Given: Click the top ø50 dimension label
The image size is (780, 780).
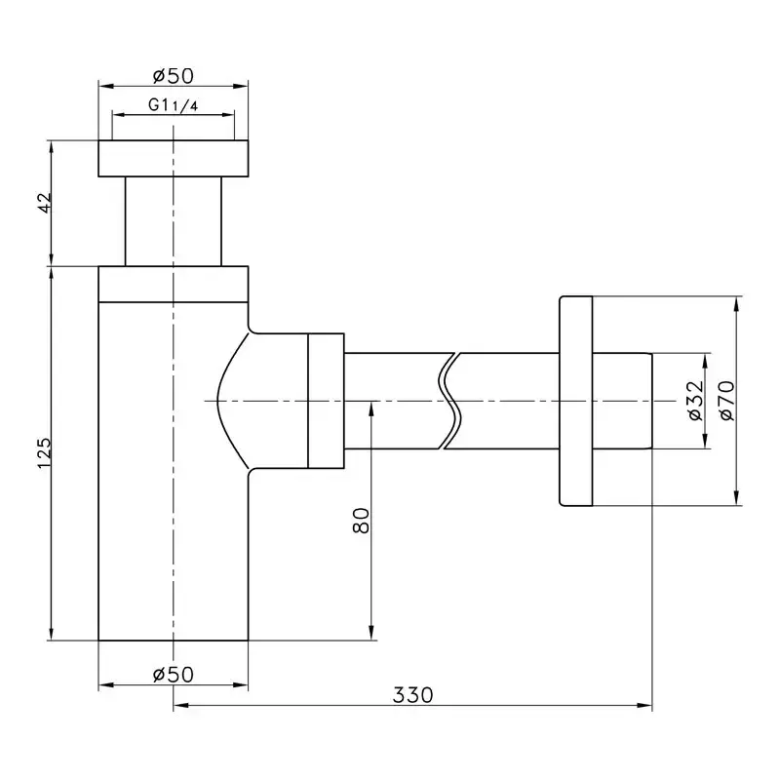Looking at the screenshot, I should point(173,75).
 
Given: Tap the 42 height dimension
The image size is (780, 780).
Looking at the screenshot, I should point(44,204).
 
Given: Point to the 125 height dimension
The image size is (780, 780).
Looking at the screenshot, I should point(44,452).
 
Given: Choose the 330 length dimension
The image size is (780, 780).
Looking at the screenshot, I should point(412,695).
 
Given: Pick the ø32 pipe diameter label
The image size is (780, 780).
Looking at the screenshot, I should point(695,401).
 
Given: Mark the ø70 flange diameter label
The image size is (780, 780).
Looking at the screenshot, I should point(726,400).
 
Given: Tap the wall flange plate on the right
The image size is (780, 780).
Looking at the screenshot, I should point(575,401).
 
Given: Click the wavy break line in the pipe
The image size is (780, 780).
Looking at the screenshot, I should point(449,401).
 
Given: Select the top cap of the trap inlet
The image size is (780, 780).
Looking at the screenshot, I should point(174,159).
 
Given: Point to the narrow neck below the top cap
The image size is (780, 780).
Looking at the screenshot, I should point(174,220).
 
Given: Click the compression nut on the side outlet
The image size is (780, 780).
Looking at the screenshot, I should point(326,401).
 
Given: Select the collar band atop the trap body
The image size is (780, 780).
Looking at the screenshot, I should point(174,284).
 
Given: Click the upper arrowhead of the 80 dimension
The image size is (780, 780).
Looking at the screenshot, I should point(370,408).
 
